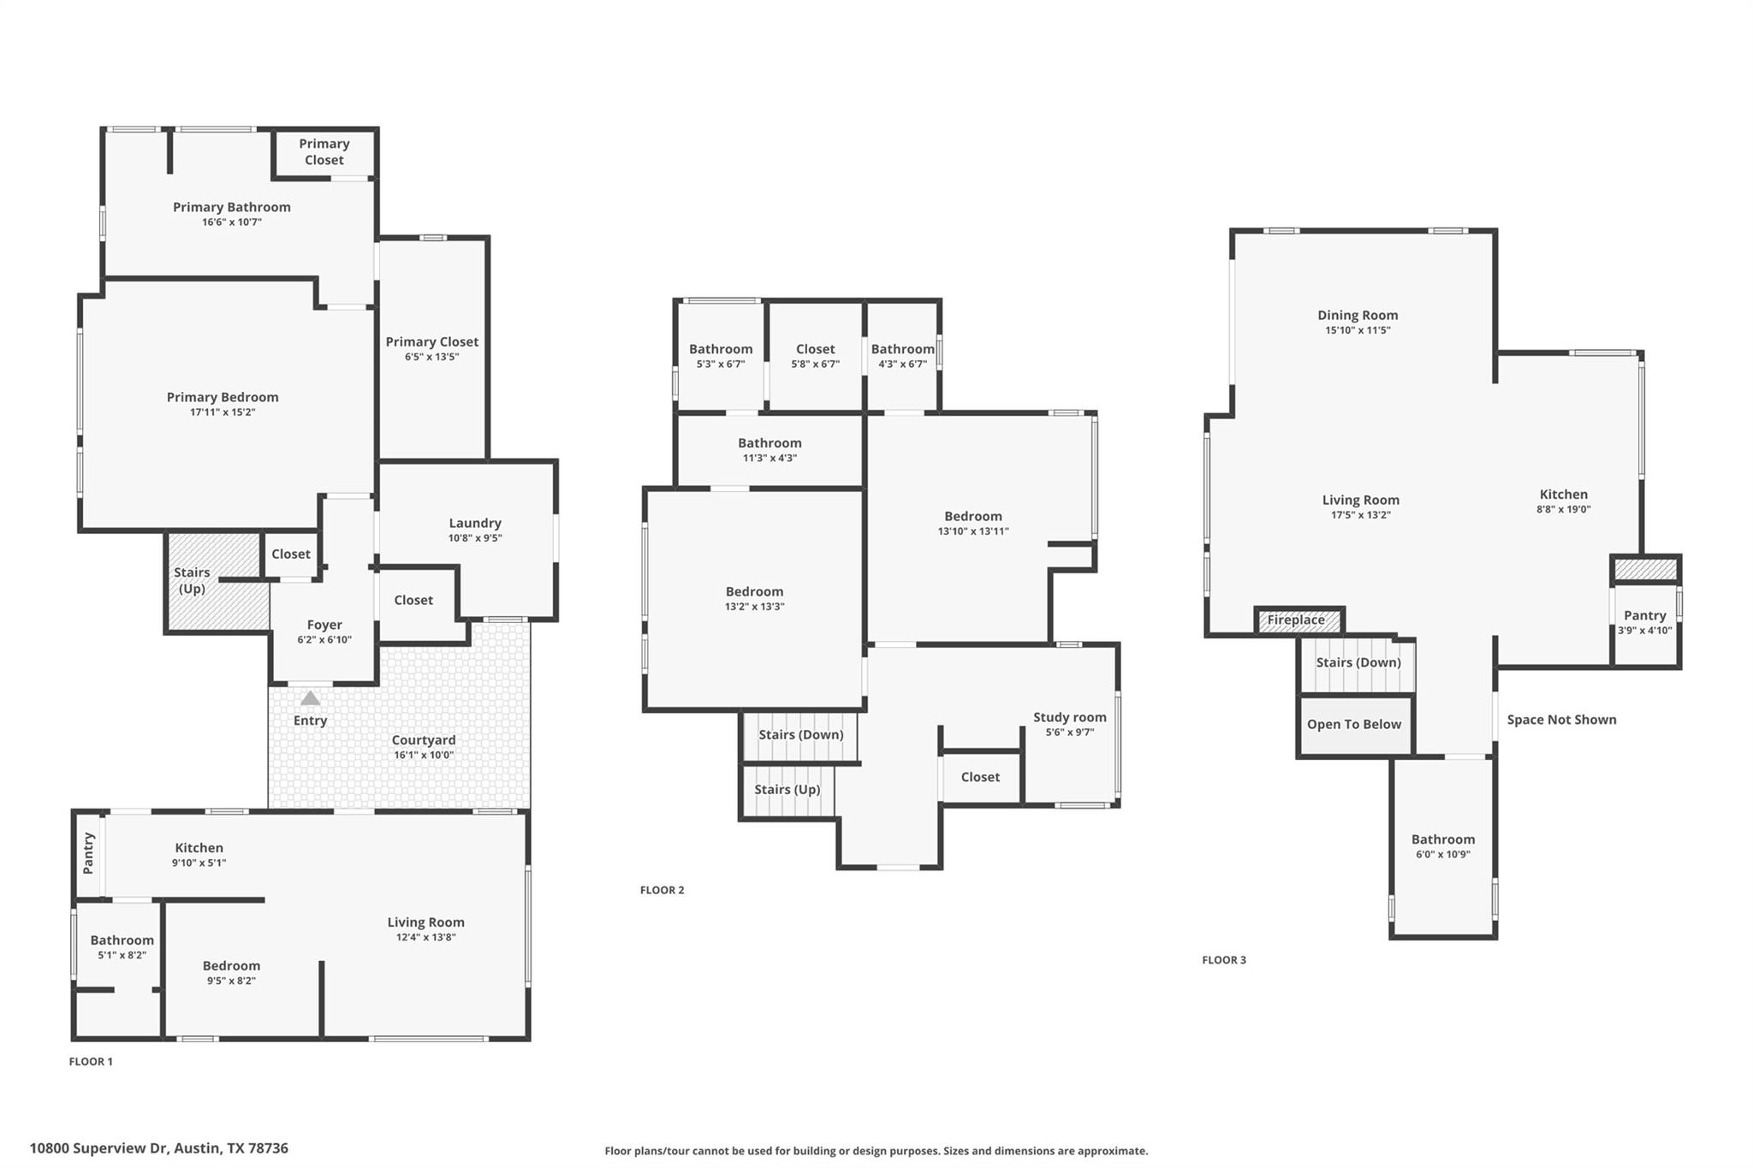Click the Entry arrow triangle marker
pos(310,698)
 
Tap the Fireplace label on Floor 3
pos(1296,620)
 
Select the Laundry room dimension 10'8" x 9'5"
pos(475,538)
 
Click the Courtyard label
pos(424,740)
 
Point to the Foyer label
pos(324,625)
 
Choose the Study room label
pos(1069,717)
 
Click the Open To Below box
pos(1354,725)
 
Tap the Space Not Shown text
pos(1561,720)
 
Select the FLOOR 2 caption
pos(662,890)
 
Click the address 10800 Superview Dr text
pos(158,1148)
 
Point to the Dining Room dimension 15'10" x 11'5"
pos(1358,330)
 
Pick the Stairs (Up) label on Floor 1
pos(192,580)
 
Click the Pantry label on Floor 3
pos(1644,615)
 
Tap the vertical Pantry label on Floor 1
pos(88,853)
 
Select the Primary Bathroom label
pos(232,207)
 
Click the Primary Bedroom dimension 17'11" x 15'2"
pos(223,412)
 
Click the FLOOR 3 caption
pos(1224,960)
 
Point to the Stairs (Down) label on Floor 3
pos(1358,662)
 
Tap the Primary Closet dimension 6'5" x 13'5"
pos(431,357)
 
